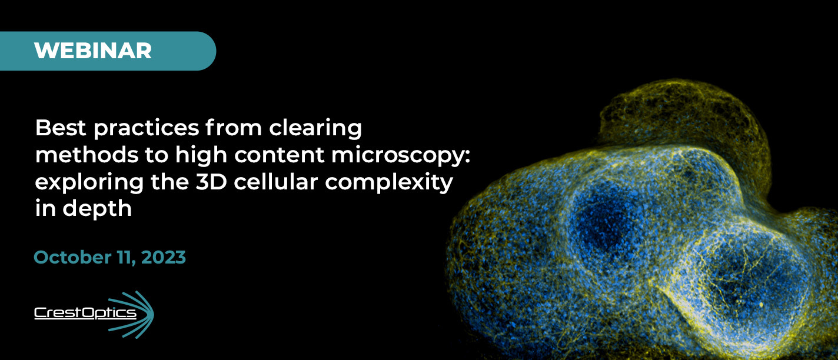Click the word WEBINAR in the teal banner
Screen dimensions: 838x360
(93, 51)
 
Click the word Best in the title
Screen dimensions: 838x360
(61, 128)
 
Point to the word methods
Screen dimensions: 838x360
(87, 155)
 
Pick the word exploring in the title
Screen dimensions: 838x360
(89, 184)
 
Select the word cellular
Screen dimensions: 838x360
(276, 182)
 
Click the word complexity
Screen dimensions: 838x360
(389, 184)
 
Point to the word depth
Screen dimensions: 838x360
(97, 209)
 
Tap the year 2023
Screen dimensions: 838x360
(164, 257)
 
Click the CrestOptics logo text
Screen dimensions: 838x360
(85, 313)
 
